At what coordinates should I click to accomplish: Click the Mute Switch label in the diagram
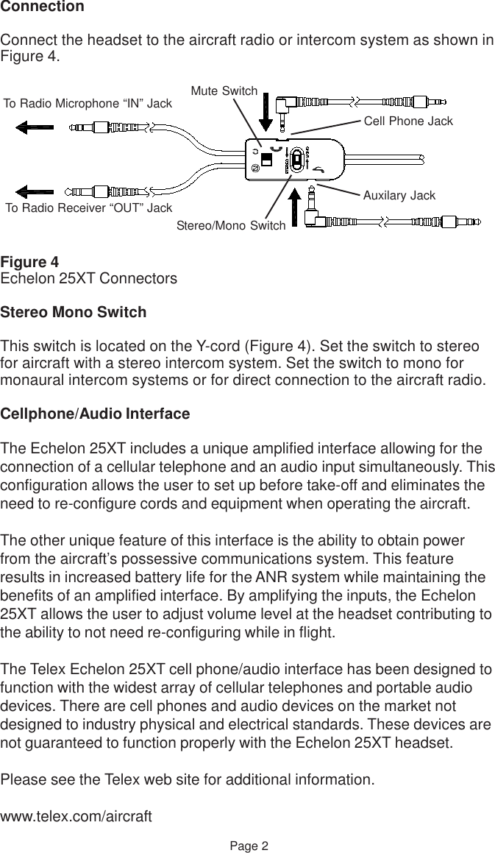(224, 91)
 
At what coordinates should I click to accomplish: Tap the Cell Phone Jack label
(408, 121)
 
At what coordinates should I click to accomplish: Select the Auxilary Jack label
(399, 196)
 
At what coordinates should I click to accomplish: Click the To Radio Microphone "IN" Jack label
(88, 104)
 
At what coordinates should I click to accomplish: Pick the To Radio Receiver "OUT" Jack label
(89, 208)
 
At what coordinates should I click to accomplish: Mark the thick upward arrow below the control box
(294, 208)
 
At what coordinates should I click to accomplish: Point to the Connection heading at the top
(42, 7)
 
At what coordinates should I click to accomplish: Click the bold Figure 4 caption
(29, 263)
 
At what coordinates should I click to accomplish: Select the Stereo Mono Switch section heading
(74, 313)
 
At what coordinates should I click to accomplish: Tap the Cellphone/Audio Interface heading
(95, 415)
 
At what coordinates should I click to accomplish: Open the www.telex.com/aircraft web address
(76, 818)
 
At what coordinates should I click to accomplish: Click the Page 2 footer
(247, 846)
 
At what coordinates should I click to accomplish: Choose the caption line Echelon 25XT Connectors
(89, 280)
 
